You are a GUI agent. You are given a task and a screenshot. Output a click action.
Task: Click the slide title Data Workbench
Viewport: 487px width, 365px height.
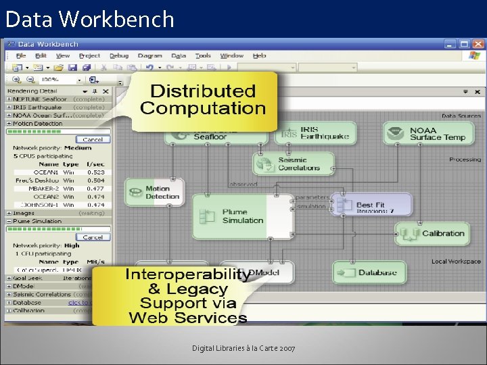point(90,19)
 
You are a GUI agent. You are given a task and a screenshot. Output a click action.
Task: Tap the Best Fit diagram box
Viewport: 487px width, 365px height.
point(372,205)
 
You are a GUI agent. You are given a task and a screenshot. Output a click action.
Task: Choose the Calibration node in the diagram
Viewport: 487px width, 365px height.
point(432,234)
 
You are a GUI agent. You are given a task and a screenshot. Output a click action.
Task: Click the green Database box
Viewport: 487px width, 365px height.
point(369,272)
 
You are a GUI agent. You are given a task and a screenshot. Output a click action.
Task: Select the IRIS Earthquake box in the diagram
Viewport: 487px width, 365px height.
point(317,133)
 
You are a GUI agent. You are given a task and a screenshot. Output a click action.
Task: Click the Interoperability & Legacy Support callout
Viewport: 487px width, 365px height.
point(186,296)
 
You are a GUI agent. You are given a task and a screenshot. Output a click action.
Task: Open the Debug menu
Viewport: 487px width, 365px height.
point(119,56)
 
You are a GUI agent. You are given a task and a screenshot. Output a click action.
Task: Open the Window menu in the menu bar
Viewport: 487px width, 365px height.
point(232,56)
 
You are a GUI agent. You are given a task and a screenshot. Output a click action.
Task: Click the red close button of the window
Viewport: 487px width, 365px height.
point(478,44)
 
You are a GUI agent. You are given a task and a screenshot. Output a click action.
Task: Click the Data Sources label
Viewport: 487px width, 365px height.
point(461,116)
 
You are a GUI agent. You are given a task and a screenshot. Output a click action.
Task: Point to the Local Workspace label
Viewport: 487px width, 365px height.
point(456,262)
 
